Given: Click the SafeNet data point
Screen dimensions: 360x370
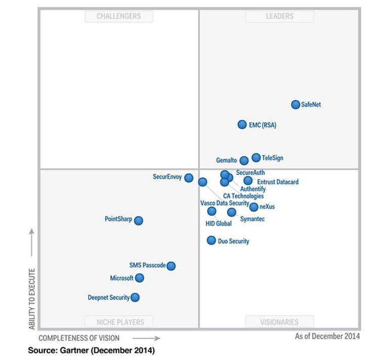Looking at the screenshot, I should coord(296,105).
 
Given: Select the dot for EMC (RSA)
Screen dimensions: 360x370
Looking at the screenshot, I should coord(243,124).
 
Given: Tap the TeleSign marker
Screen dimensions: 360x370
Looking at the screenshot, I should coord(256,158).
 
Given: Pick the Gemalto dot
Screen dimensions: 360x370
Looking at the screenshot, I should coord(244,161).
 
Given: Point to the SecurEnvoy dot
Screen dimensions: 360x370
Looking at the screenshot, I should coord(189,177).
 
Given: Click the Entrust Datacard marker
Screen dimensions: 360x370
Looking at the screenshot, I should coord(248,181).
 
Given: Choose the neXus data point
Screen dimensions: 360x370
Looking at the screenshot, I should coord(254,207).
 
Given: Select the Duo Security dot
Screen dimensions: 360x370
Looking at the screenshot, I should coord(211,240).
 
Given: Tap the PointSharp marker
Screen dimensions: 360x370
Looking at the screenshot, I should coord(138,220).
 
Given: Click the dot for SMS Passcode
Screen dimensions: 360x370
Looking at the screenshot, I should coord(171,266).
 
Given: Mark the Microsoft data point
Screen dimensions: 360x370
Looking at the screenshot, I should coord(140,278).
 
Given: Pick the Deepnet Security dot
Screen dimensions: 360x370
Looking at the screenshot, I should coord(135,297).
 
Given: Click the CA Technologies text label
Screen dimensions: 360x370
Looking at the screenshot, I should coord(243,196).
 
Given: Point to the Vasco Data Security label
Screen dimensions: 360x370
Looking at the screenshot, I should coord(224,203).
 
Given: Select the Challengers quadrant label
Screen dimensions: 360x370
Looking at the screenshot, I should coord(119,16).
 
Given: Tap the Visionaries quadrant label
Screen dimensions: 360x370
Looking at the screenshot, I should coord(280,322).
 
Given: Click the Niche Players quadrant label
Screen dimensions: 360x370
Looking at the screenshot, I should coord(120,322).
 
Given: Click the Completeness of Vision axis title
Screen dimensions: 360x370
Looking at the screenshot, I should coord(79,338).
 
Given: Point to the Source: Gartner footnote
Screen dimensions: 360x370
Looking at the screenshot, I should coord(91,350).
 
